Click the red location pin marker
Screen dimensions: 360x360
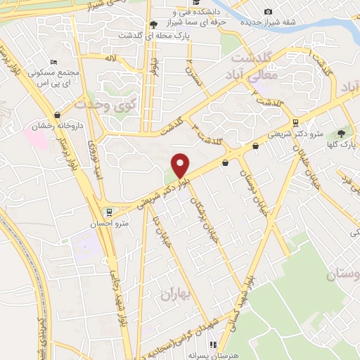pos(181,165)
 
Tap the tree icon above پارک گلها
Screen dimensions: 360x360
pos(342,133)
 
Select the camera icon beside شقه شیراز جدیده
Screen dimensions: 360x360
pos(268,11)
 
